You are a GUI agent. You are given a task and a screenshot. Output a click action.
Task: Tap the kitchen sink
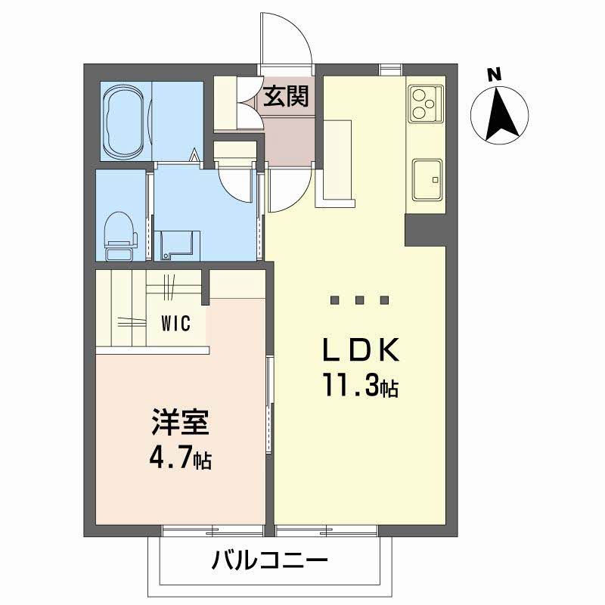[x=427, y=180]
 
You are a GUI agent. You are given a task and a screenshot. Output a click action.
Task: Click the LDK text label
[x=360, y=350]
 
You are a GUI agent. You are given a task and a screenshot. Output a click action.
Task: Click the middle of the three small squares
[x=360, y=299]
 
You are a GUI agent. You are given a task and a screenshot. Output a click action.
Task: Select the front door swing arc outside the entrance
[x=287, y=42]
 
